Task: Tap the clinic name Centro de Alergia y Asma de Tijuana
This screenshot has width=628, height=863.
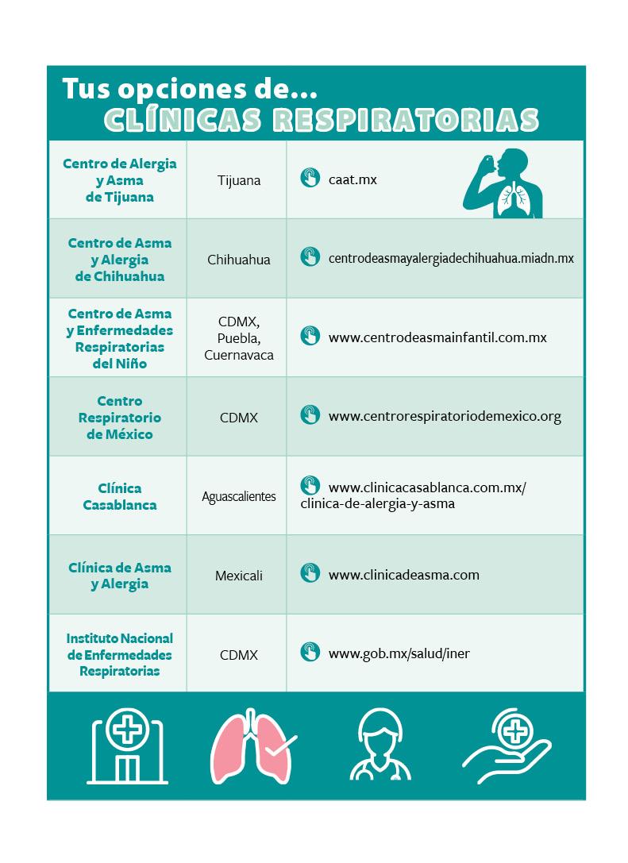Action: pyautogui.click(x=119, y=180)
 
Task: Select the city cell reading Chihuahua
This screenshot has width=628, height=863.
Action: pyautogui.click(x=238, y=260)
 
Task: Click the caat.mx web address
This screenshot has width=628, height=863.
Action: pyautogui.click(x=353, y=179)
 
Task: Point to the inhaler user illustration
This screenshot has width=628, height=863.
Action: pyautogui.click(x=503, y=183)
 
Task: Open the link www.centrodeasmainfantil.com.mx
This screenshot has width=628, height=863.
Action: pyautogui.click(x=437, y=337)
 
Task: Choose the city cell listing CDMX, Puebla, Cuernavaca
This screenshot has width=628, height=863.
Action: pyautogui.click(x=238, y=338)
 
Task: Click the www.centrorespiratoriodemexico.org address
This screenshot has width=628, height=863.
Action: pyautogui.click(x=445, y=416)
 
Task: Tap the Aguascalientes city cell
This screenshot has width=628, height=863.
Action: pyautogui.click(x=238, y=497)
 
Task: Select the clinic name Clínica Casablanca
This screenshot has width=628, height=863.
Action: pyautogui.click(x=119, y=496)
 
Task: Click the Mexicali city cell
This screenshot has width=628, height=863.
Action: pyautogui.click(x=238, y=576)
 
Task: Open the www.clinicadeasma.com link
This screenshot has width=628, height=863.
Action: pyautogui.click(x=403, y=575)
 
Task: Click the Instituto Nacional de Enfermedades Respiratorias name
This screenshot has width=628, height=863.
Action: pyautogui.click(x=119, y=654)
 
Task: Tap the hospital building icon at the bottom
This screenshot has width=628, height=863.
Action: pyautogui.click(x=127, y=746)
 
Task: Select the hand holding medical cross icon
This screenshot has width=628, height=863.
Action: pyautogui.click(x=507, y=746)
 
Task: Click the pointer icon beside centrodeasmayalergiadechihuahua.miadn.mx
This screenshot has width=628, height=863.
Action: pyautogui.click(x=310, y=257)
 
